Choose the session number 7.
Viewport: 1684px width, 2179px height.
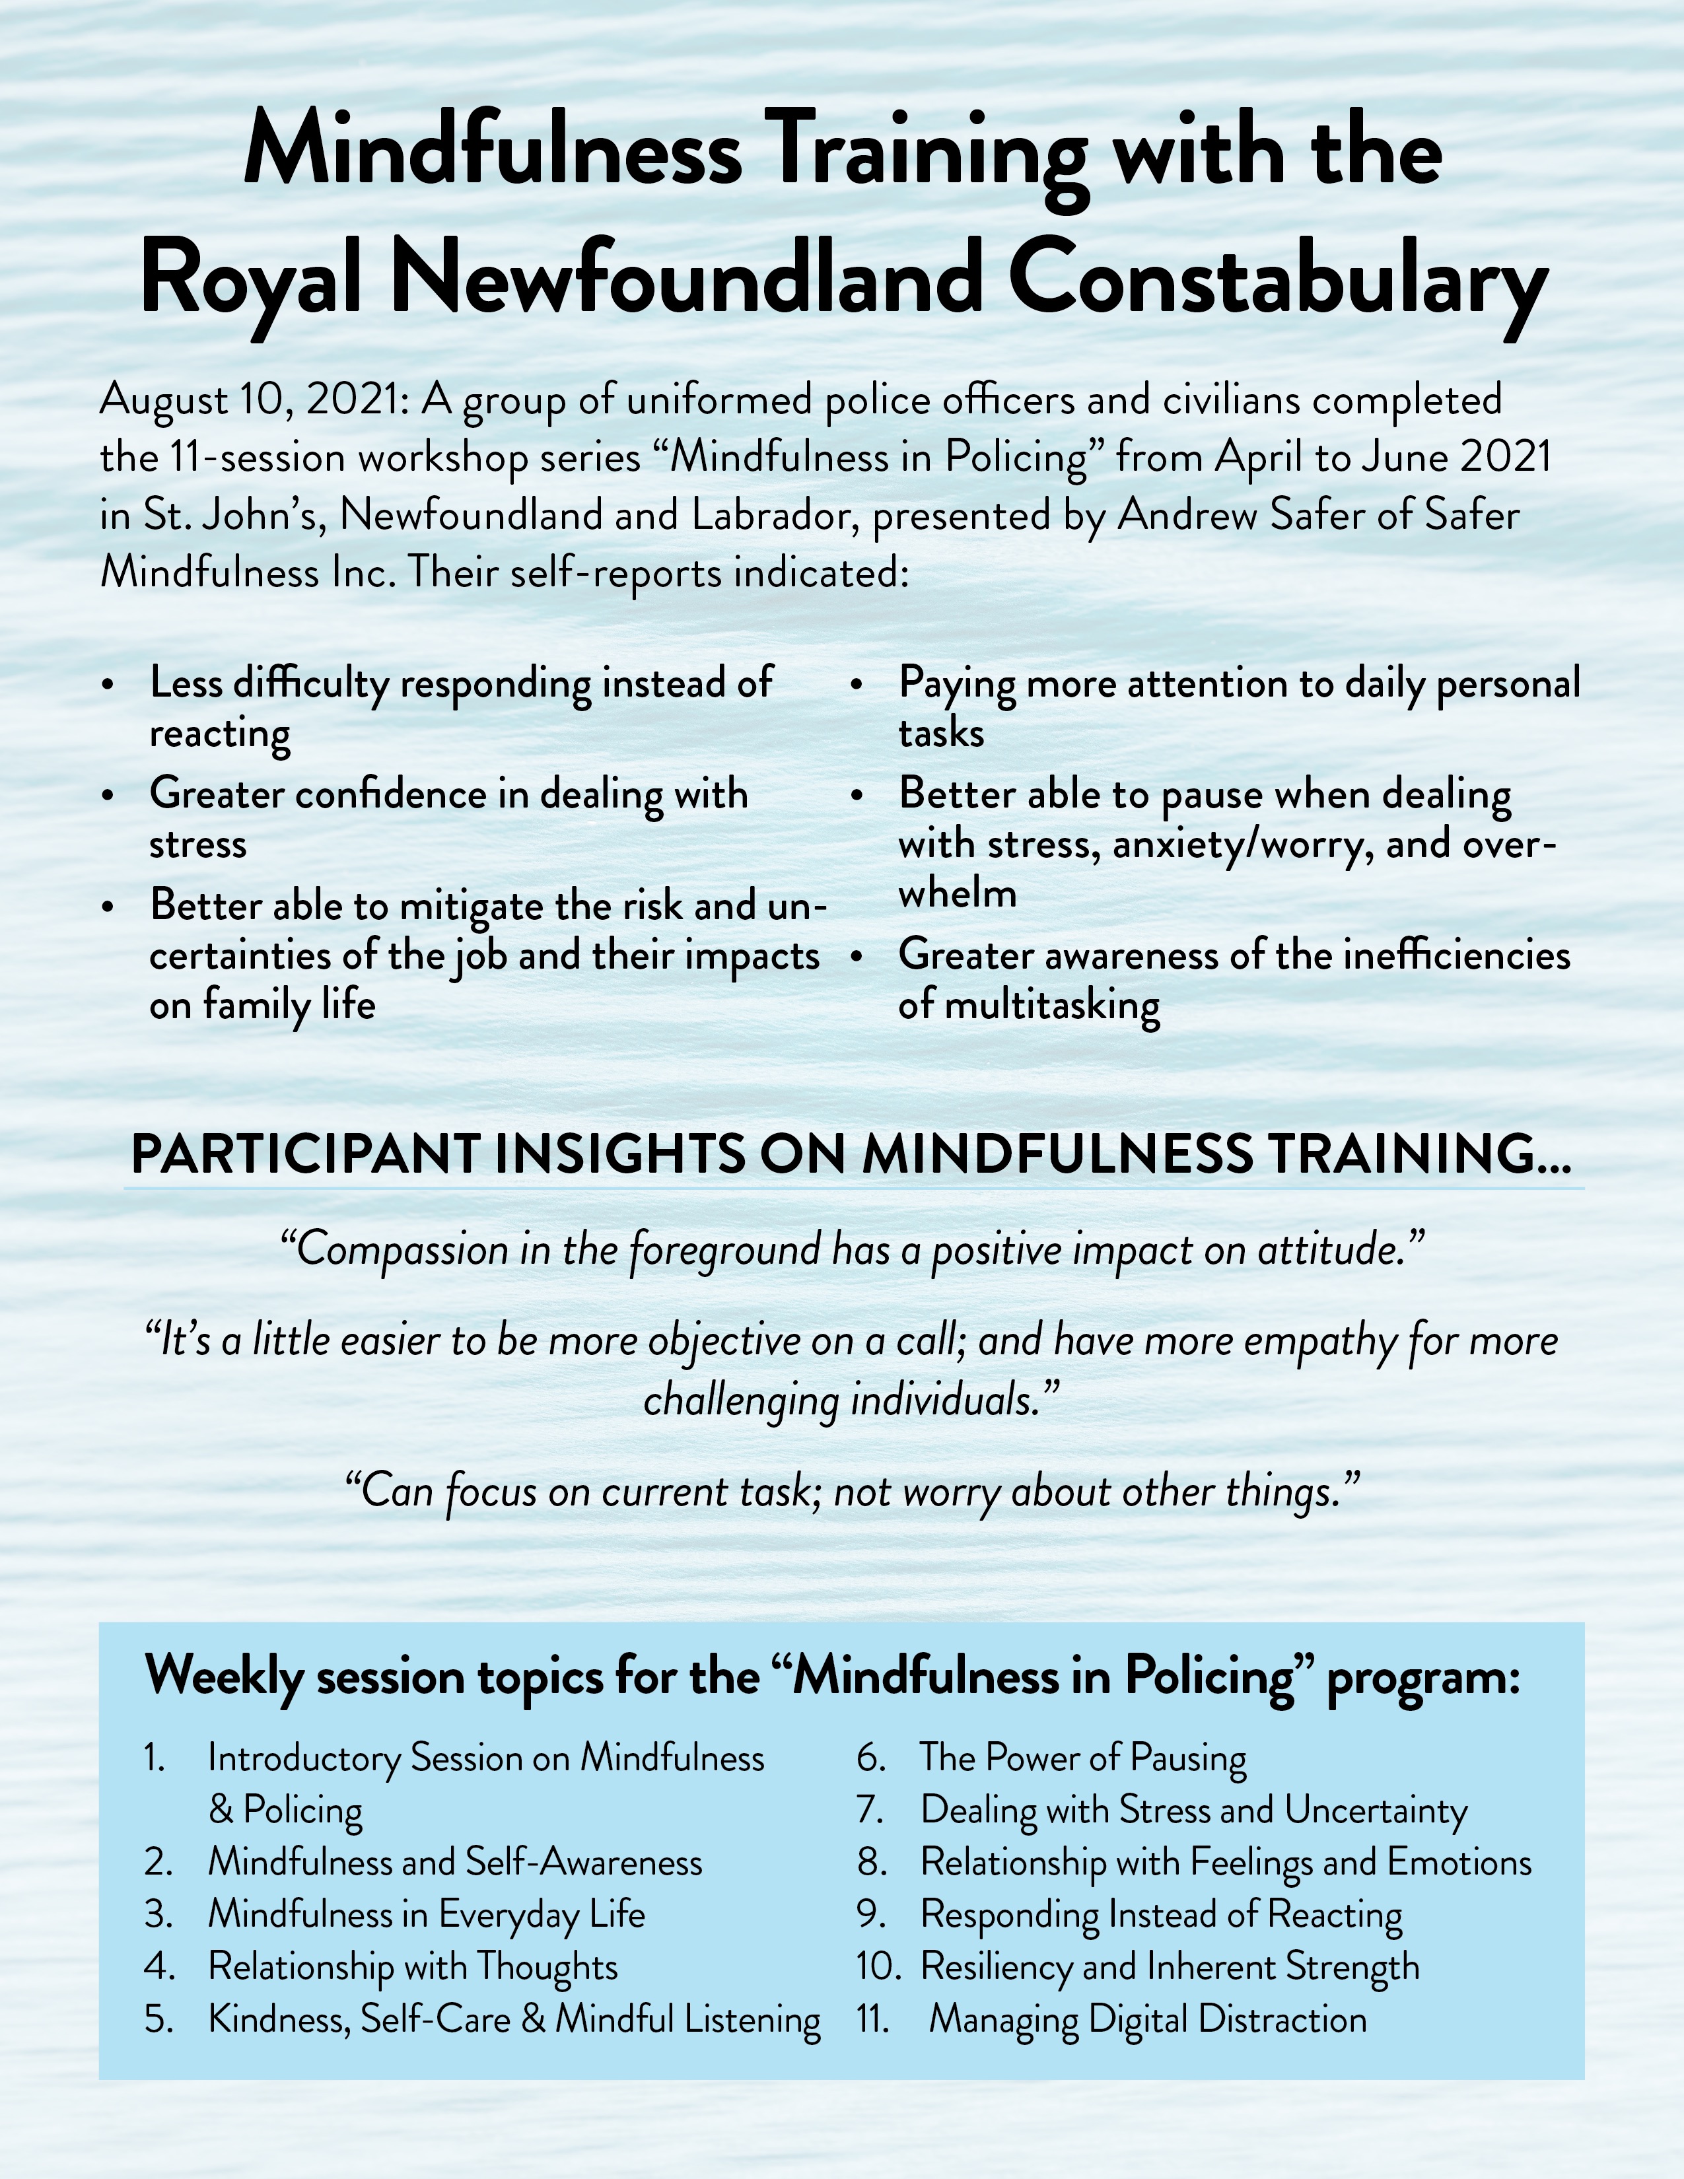click(870, 1810)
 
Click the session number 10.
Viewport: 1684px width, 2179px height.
click(877, 1966)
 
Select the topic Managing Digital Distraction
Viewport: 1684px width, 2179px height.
click(1147, 2019)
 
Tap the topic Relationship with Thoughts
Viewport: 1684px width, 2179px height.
click(413, 1966)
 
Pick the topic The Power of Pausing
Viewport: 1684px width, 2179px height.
click(1082, 1758)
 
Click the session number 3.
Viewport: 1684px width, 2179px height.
click(158, 1915)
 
